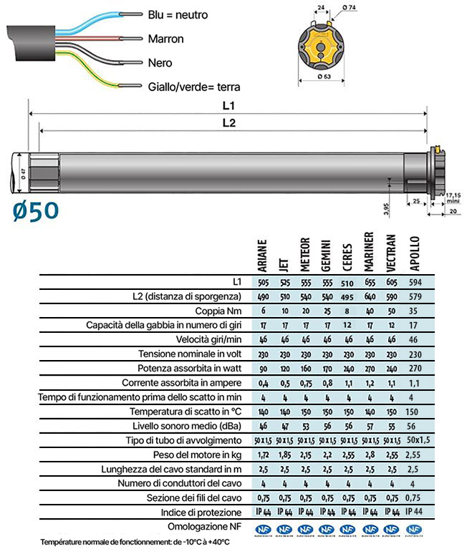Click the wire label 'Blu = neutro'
pos(178,15)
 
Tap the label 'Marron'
pos(166,39)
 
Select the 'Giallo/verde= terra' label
pos(194,87)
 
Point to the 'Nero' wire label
pos(160,63)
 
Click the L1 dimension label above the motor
pos(228,106)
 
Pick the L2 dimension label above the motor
pos(229,123)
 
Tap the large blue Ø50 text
pos(36,211)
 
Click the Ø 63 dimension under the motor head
pos(324,77)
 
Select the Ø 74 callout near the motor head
pos(349,7)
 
